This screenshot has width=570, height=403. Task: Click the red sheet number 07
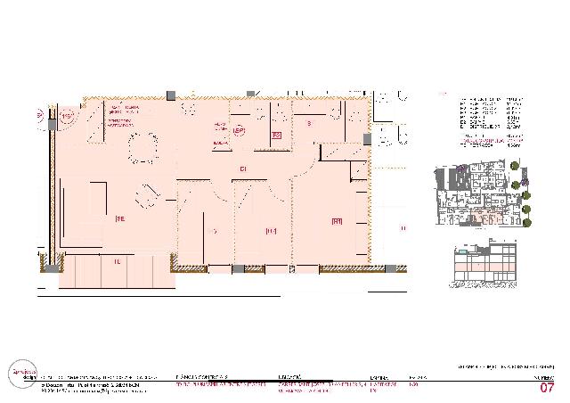pos(547,387)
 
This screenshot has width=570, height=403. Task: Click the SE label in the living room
pos(118,217)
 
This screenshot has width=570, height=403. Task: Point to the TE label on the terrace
pos(117,261)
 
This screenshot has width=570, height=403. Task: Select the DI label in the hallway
pos(241,169)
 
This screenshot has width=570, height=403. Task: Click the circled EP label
pos(238,131)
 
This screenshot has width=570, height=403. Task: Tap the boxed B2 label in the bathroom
pos(277,136)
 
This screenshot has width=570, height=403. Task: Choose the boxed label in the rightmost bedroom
pos(337,221)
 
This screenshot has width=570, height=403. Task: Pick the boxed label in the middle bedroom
pos(271,231)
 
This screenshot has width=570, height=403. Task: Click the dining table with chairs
pos(142,148)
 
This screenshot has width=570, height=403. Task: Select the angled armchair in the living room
pos(145,194)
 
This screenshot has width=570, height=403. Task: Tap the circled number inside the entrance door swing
pos(69,115)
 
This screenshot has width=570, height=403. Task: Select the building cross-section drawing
pos(484,267)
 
